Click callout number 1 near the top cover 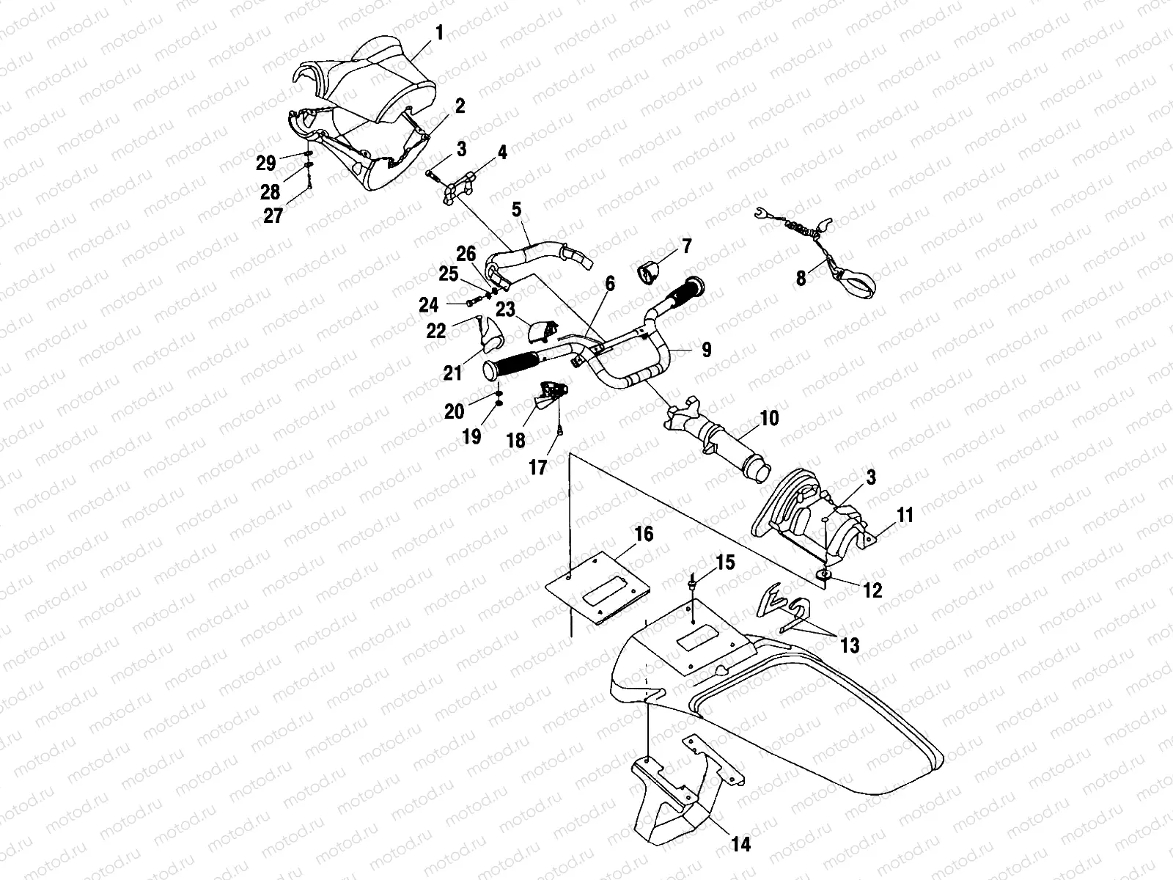pos(440,33)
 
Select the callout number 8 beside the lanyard pos(801,278)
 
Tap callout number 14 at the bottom pos(741,846)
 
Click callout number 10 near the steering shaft pos(769,419)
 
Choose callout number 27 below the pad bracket pos(273,219)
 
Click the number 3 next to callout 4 pos(461,150)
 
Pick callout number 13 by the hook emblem pos(850,645)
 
